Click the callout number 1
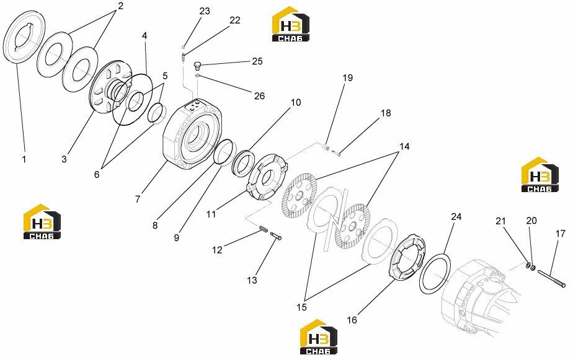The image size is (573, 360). (x=24, y=160)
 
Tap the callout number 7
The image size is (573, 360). (x=138, y=199)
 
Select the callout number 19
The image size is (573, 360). (x=347, y=78)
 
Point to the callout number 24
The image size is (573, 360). (x=456, y=216)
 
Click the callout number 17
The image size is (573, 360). (x=560, y=234)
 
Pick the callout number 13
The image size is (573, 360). (x=252, y=281)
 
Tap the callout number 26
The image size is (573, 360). (x=259, y=96)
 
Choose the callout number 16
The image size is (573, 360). (x=352, y=320)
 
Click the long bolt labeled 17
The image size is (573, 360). (x=551, y=278)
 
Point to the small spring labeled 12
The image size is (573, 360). (x=264, y=229)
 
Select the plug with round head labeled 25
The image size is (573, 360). (x=197, y=65)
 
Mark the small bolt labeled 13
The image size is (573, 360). (x=276, y=236)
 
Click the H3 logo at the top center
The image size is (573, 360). (x=291, y=24)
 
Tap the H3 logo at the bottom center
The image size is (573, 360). (x=318, y=337)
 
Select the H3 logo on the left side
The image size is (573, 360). (x=42, y=222)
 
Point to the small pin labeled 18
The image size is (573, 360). (x=337, y=153)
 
